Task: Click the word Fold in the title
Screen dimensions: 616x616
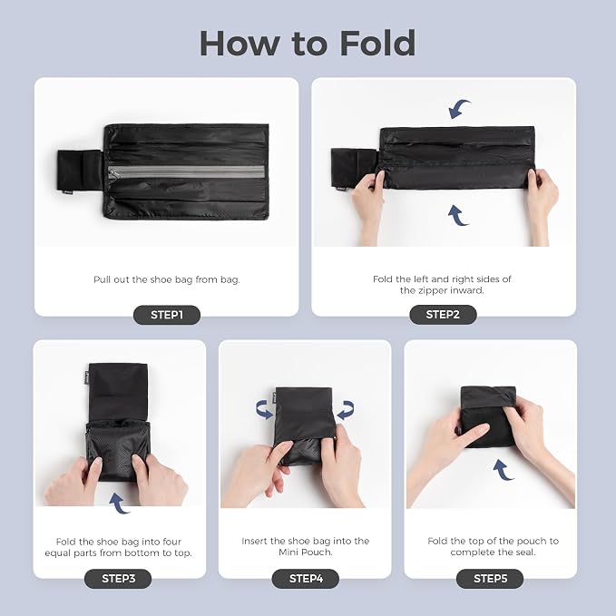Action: [377, 44]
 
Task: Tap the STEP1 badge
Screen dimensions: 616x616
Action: [167, 315]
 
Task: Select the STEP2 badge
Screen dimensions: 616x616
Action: [443, 315]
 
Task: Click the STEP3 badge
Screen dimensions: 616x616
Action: [118, 579]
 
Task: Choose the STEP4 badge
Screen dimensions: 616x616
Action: [306, 579]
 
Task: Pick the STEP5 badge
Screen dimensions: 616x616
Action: [490, 579]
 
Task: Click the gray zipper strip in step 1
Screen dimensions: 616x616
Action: [187, 171]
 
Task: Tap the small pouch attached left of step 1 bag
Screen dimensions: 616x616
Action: [80, 170]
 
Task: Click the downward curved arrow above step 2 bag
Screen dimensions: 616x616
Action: [459, 109]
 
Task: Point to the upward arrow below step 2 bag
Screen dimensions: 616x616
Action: [457, 216]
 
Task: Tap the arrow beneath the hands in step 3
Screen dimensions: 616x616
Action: [118, 504]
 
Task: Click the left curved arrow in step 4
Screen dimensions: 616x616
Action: [264, 410]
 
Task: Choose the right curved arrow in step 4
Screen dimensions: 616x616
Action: [347, 410]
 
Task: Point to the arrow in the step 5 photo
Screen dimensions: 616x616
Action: [503, 470]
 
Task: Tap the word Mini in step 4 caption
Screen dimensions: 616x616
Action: [288, 552]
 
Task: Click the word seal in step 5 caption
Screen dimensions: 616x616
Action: [525, 552]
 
